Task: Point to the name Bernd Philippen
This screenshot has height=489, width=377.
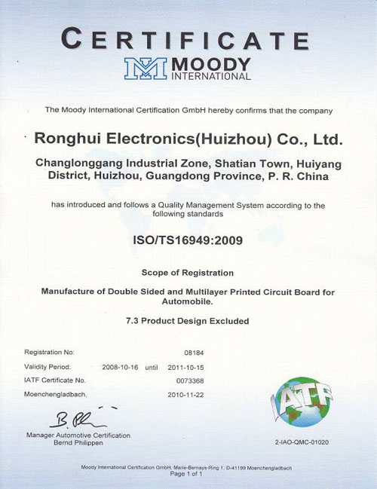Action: pos(78,443)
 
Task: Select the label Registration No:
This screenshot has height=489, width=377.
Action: pos(49,352)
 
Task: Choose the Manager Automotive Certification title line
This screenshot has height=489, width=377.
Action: pos(78,435)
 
